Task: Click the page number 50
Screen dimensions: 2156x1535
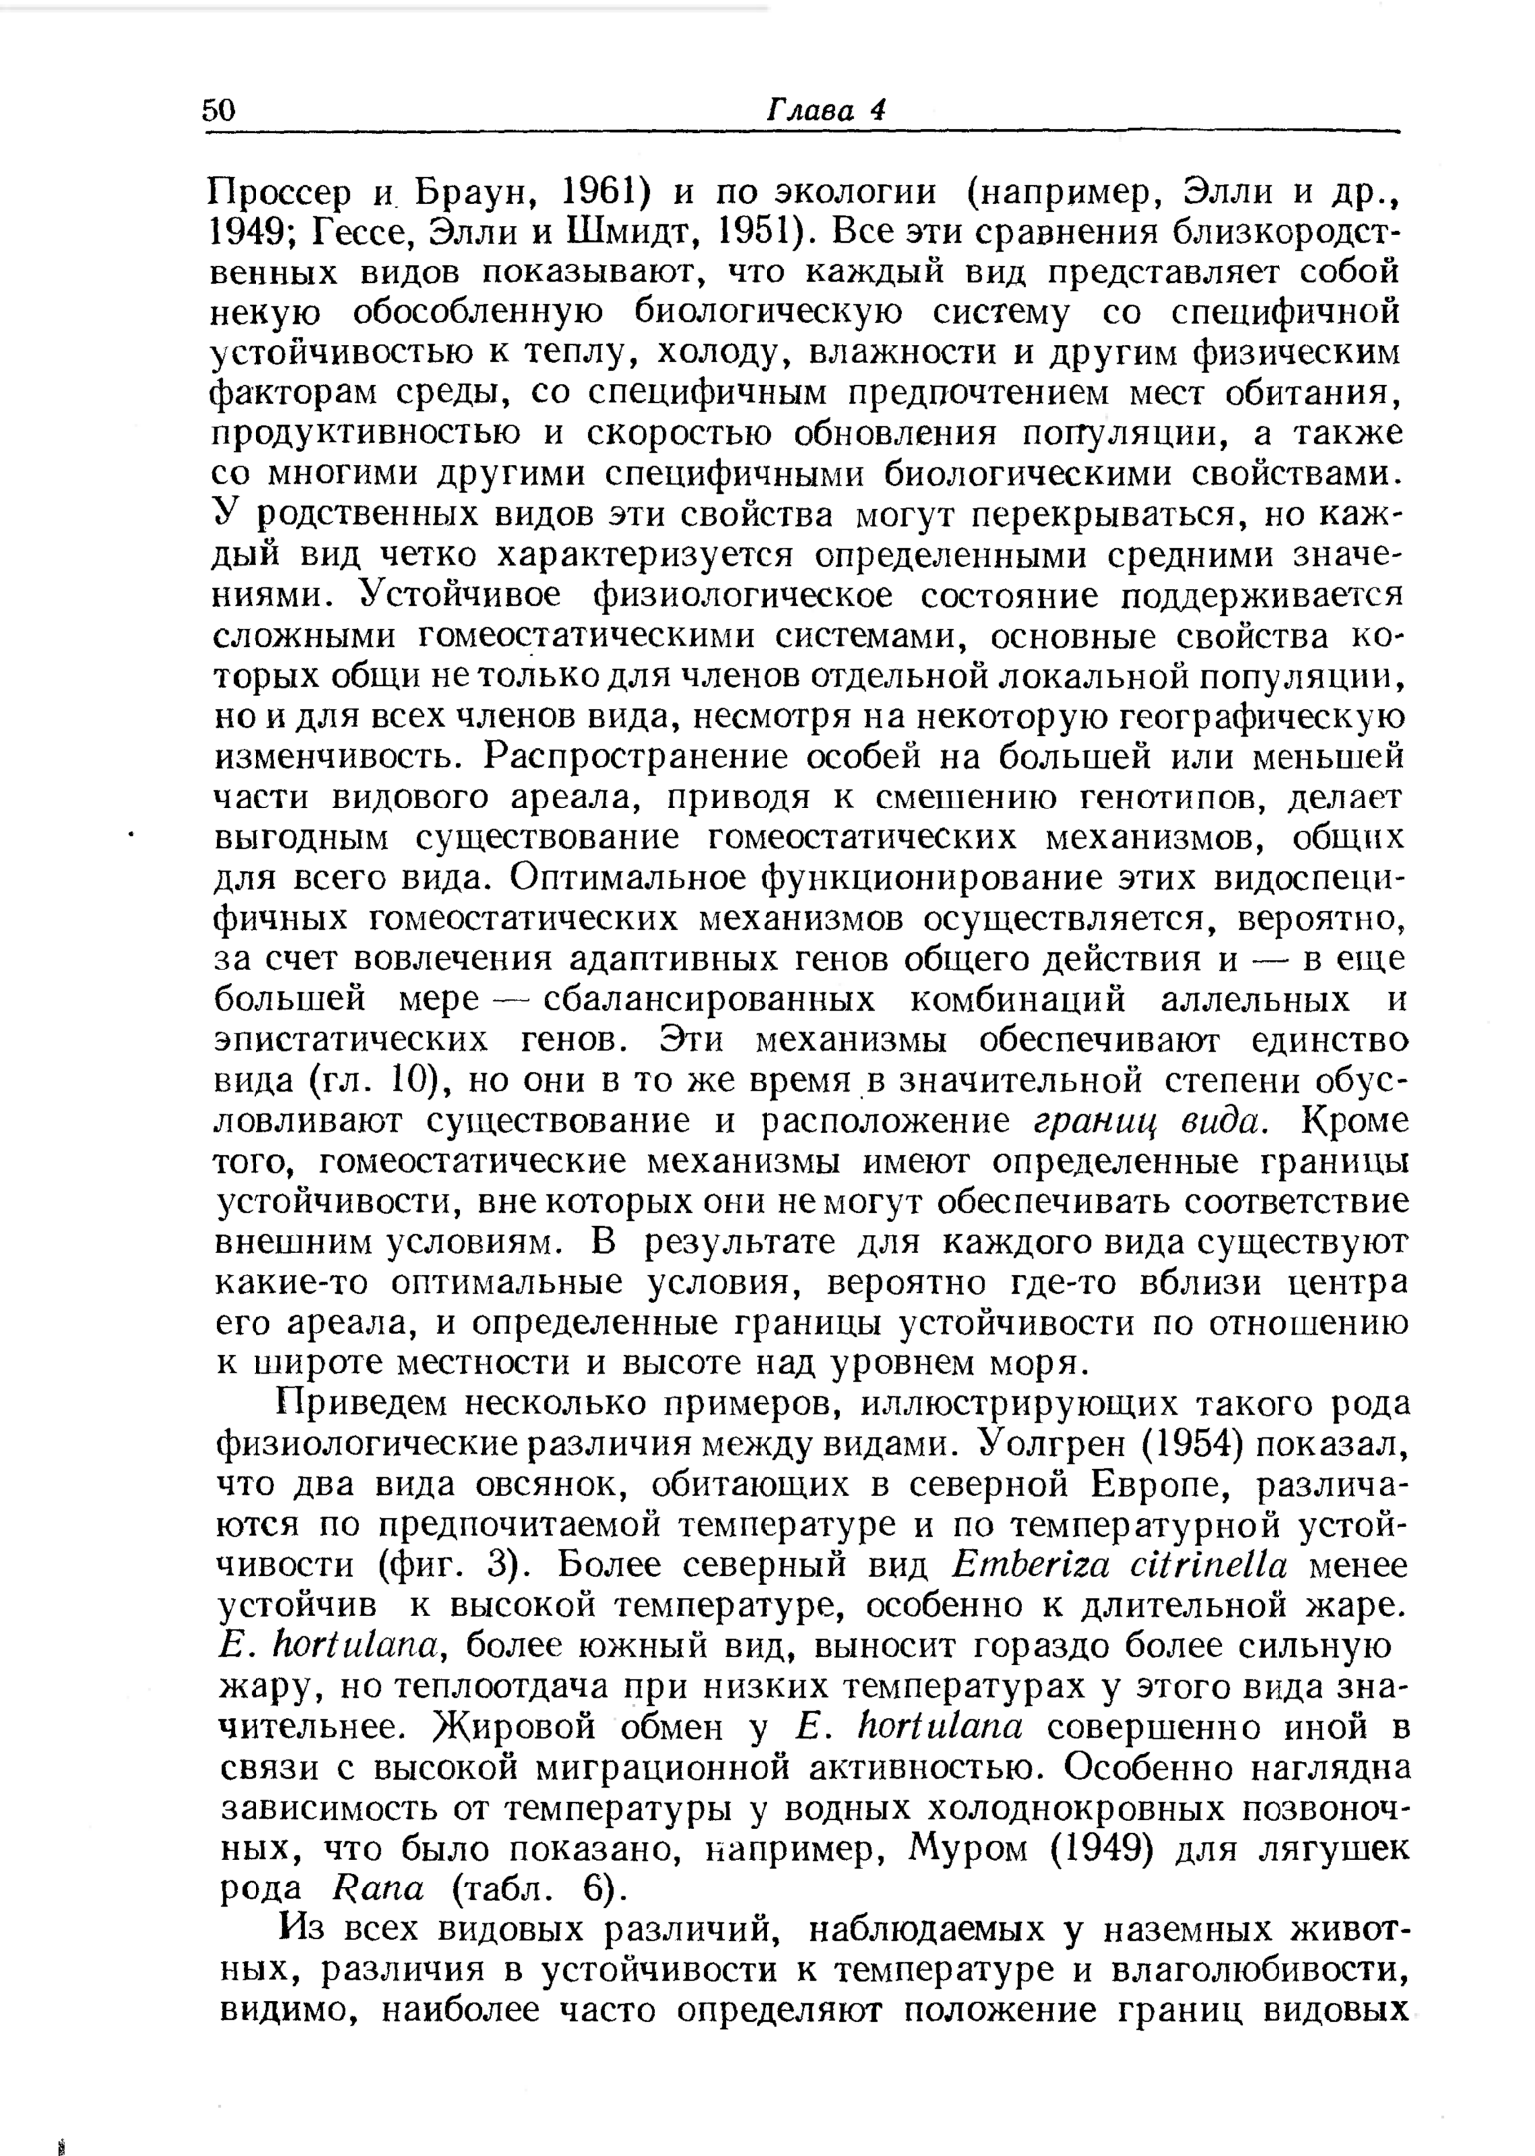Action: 219,110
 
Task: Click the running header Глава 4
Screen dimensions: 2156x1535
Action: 825,110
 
